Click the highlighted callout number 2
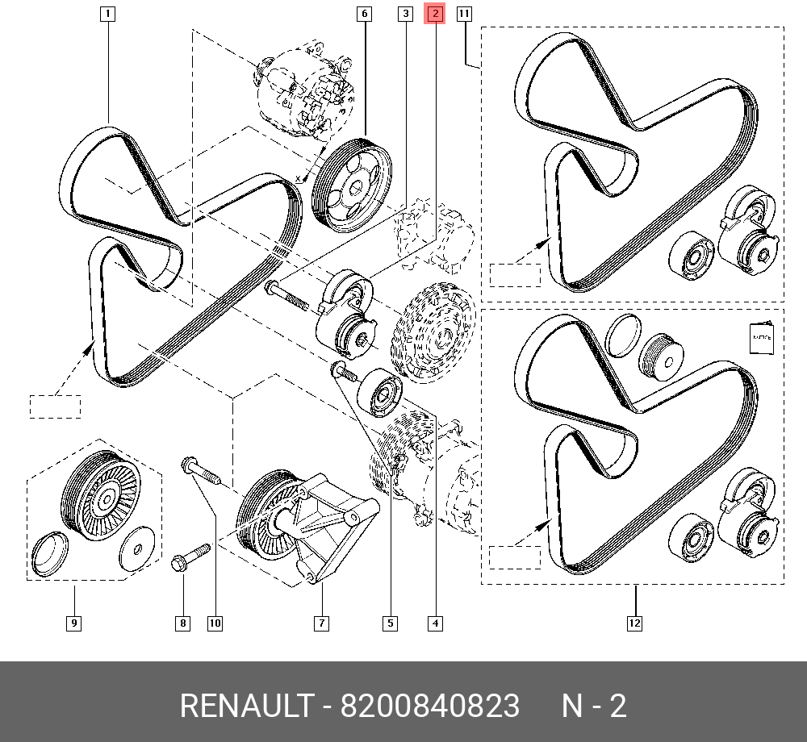435,14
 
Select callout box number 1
107,14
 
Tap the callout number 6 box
365,14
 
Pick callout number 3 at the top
406,14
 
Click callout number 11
464,14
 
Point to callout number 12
634,623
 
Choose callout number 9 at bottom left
74,623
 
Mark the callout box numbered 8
182,623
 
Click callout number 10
215,623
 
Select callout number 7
322,623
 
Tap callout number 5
390,623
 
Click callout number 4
435,623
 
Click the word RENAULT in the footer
246,706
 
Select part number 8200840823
430,706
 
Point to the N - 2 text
594,706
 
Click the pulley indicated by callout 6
352,185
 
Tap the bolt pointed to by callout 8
190,556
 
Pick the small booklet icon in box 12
762,338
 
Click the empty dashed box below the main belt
55,406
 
